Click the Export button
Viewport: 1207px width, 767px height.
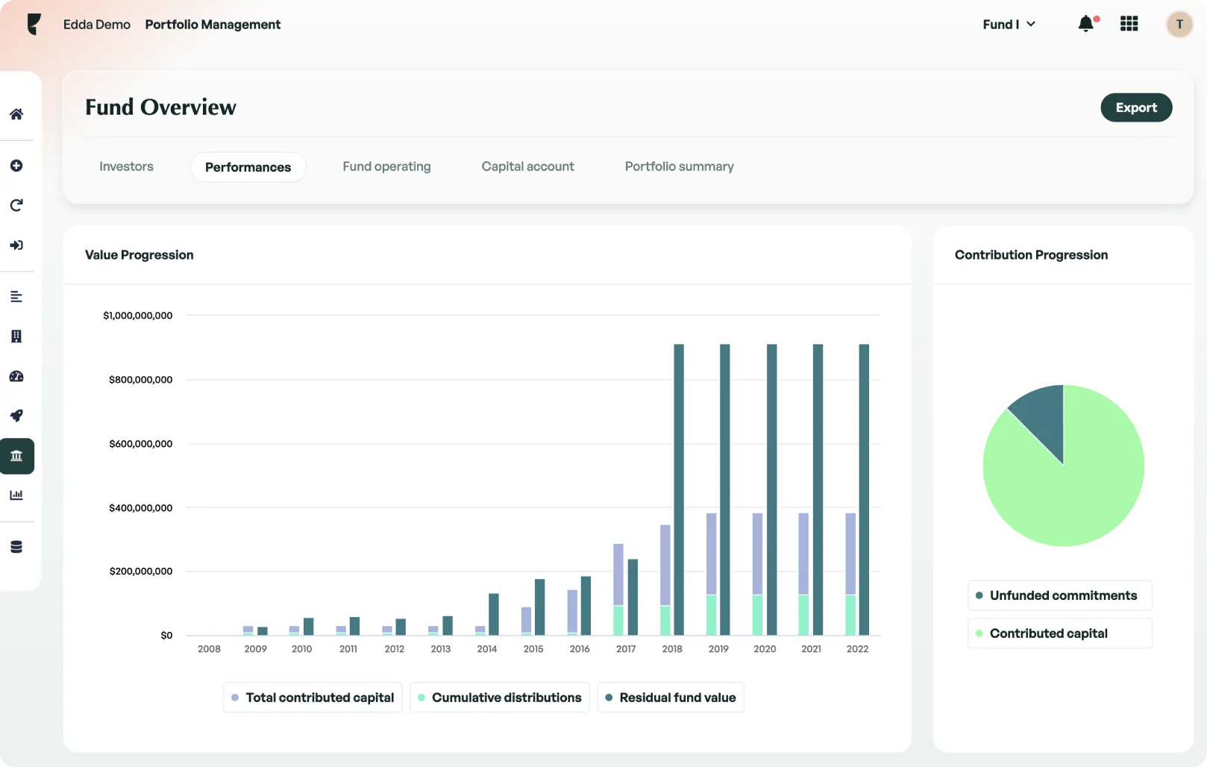pyautogui.click(x=1135, y=107)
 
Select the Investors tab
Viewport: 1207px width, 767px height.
pyautogui.click(x=126, y=166)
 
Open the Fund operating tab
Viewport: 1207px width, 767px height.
pyautogui.click(x=386, y=166)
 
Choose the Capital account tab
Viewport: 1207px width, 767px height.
pyautogui.click(x=527, y=166)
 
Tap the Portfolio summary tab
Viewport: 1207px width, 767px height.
pyautogui.click(x=679, y=166)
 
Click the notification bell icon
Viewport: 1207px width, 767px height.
pyautogui.click(x=1086, y=24)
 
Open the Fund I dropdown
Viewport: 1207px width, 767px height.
pyautogui.click(x=1009, y=25)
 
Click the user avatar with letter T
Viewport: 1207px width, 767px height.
pyautogui.click(x=1179, y=25)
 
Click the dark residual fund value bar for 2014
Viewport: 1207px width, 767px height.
pyautogui.click(x=493, y=614)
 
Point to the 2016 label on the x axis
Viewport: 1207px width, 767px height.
pyautogui.click(x=580, y=649)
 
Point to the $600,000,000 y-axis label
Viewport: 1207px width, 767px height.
pyautogui.click(x=140, y=444)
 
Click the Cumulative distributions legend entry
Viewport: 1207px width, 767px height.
pyautogui.click(x=499, y=698)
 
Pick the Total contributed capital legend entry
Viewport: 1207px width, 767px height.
pyautogui.click(x=313, y=698)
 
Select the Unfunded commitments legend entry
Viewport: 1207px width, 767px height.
pyautogui.click(x=1059, y=595)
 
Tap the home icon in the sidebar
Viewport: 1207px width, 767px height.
pyautogui.click(x=16, y=114)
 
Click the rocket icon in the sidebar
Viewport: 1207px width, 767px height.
pyautogui.click(x=16, y=416)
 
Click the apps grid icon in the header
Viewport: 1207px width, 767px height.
pyautogui.click(x=1129, y=24)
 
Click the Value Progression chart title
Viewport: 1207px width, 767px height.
pyautogui.click(x=139, y=255)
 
